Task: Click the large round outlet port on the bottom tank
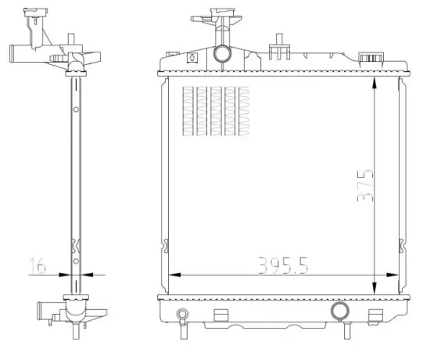pos(340,311)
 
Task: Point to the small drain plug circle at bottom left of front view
pos(182,316)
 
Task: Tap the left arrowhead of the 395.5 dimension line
pos(174,274)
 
